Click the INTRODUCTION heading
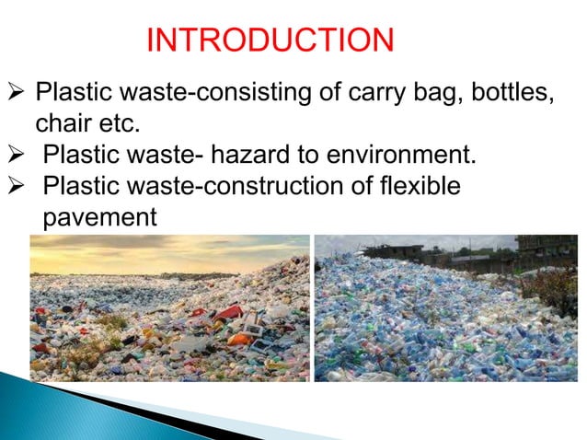[271, 41]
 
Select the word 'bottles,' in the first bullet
[511, 95]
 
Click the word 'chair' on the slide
[62, 122]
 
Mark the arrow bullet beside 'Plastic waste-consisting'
[17, 95]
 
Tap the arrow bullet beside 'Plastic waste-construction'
[17, 185]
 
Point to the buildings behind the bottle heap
[396, 250]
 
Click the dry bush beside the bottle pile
[558, 285]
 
